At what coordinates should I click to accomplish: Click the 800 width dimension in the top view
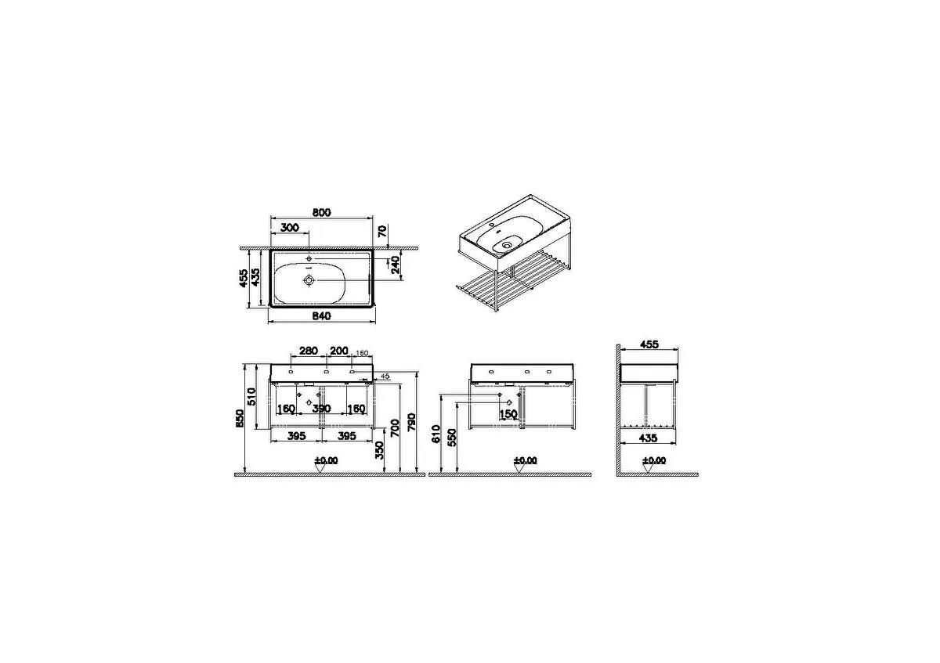[321, 212]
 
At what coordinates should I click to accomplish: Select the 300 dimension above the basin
[289, 227]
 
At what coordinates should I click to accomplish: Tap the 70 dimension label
[382, 231]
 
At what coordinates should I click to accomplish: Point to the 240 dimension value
[396, 266]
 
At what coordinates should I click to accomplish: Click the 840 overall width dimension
[321, 316]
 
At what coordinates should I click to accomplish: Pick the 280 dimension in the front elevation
[308, 351]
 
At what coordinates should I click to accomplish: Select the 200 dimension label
[339, 351]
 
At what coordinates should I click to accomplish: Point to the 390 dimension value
[321, 409]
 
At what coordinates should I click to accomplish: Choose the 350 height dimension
[380, 450]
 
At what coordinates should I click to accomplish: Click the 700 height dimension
[397, 427]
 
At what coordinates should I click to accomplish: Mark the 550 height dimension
[451, 438]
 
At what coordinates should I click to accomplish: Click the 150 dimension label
[508, 413]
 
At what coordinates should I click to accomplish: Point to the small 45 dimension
[385, 377]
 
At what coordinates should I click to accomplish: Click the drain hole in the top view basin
[309, 279]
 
